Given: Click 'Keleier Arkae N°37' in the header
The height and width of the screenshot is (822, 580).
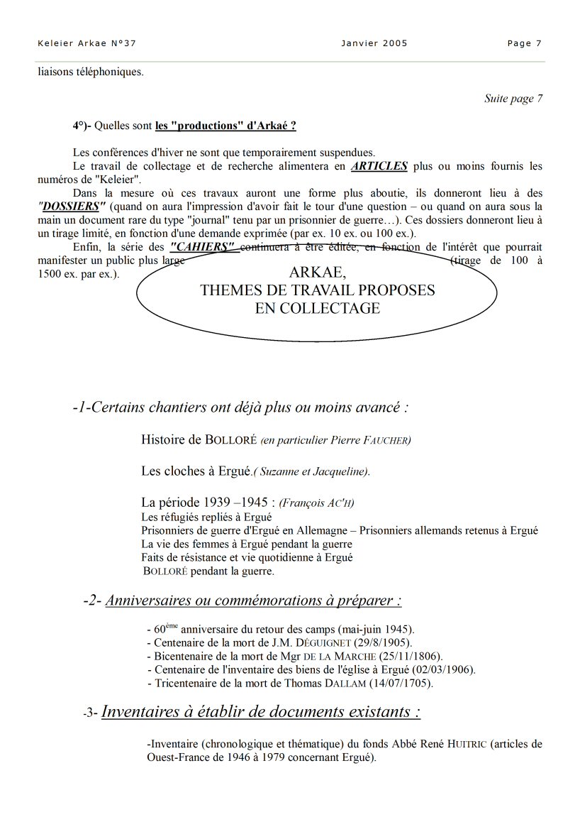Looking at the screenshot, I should [x=87, y=43].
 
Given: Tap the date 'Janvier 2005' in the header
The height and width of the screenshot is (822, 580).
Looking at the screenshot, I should [x=374, y=43].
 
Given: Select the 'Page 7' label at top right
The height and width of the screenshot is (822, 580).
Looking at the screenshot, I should [x=524, y=43].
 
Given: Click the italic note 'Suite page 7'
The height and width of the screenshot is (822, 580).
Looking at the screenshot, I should [x=513, y=99].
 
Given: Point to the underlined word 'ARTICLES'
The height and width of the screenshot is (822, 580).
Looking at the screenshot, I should [x=379, y=166].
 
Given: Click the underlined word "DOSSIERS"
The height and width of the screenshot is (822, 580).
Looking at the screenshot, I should [x=72, y=206].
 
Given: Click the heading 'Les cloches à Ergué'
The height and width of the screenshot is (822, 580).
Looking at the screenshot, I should [x=196, y=471].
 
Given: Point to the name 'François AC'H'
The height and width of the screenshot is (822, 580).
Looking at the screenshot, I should [x=317, y=503].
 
